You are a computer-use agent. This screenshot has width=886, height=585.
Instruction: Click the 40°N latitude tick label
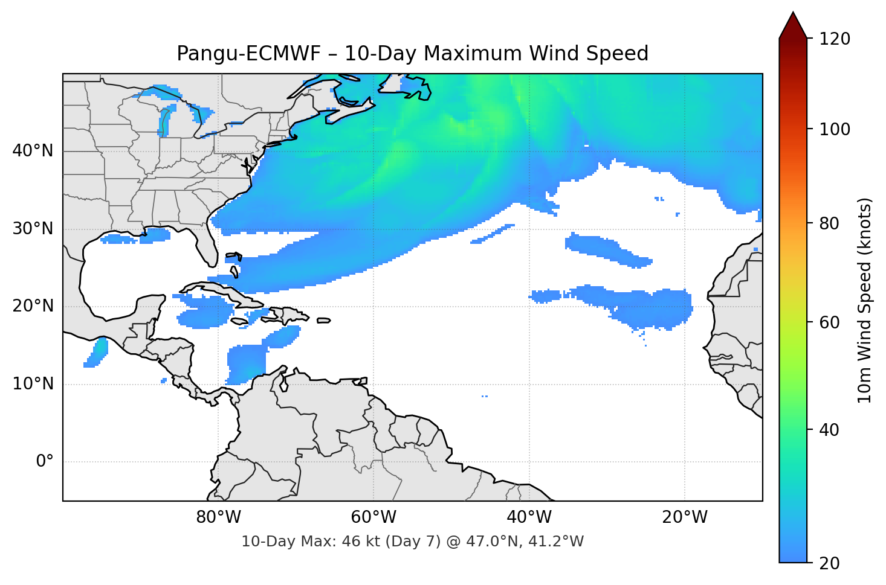[33, 151]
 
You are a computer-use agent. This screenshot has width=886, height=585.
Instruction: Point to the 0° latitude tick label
[44, 462]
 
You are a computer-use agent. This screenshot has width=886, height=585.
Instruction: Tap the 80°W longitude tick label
[218, 517]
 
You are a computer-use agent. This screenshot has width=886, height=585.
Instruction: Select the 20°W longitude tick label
[685, 517]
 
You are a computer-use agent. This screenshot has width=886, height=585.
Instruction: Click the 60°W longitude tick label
[373, 517]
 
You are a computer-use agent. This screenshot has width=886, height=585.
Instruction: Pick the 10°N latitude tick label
[33, 384]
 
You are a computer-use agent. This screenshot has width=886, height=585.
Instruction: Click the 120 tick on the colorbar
[835, 39]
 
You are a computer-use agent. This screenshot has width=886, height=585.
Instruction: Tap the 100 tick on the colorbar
[835, 129]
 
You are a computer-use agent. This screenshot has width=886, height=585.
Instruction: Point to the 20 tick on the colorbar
[829, 563]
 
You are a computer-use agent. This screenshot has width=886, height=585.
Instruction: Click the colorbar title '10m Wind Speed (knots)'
[865, 300]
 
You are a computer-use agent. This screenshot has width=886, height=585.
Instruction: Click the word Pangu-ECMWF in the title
[248, 54]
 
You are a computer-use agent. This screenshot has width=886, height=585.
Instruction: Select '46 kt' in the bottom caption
[358, 542]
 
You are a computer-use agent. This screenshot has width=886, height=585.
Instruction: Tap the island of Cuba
[224, 292]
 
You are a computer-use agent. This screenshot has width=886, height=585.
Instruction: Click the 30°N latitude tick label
[33, 229]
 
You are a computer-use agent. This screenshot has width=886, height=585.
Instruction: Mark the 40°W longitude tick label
[529, 517]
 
